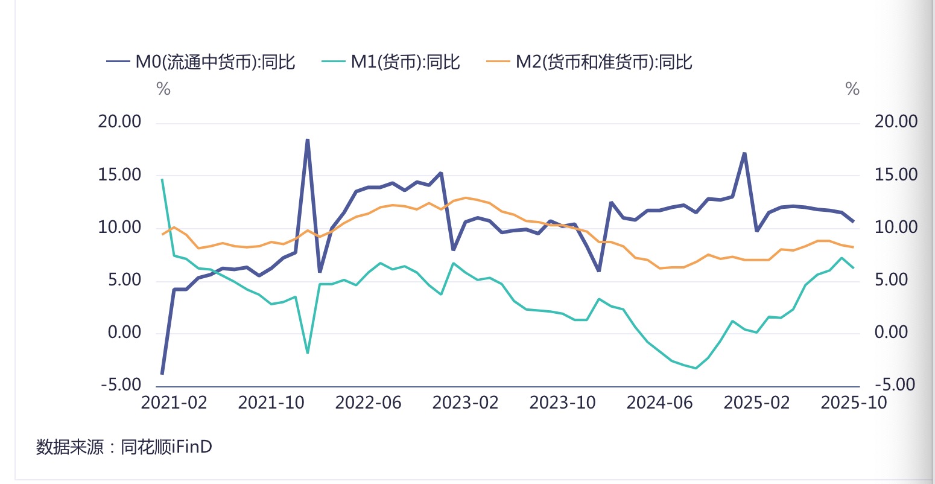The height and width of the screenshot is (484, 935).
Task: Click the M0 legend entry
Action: pyautogui.click(x=201, y=62)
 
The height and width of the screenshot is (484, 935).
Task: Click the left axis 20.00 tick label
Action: pyautogui.click(x=119, y=122)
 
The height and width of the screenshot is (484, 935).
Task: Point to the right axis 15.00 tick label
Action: pyautogui.click(x=896, y=175)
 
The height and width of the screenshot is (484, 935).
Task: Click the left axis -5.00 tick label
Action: pyautogui.click(x=121, y=385)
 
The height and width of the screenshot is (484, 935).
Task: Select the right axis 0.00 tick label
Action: pyautogui.click(x=891, y=333)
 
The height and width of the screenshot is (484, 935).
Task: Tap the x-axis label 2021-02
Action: pyautogui.click(x=174, y=403)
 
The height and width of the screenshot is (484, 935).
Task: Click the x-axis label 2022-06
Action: pyautogui.click(x=368, y=403)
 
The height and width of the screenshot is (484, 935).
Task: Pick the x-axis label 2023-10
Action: pyautogui.click(x=562, y=403)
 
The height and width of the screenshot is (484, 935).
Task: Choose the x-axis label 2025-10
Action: pyautogui.click(x=853, y=403)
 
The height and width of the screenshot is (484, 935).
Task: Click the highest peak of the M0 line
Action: pyautogui.click(x=308, y=139)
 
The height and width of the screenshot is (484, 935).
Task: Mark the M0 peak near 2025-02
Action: pyautogui.click(x=744, y=153)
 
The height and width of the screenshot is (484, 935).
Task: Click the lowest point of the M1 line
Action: pyautogui.click(x=696, y=368)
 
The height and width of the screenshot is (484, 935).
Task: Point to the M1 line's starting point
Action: pyautogui.click(x=162, y=179)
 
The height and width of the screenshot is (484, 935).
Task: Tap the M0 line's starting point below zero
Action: pyautogui.click(x=162, y=374)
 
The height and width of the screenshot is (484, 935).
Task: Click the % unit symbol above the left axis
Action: pyautogui.click(x=163, y=89)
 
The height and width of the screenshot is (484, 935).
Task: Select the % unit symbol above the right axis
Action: pyautogui.click(x=852, y=89)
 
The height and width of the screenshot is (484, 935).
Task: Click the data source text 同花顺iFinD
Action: pyautogui.click(x=166, y=447)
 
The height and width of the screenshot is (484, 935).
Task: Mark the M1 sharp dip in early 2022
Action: pyautogui.click(x=308, y=352)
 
